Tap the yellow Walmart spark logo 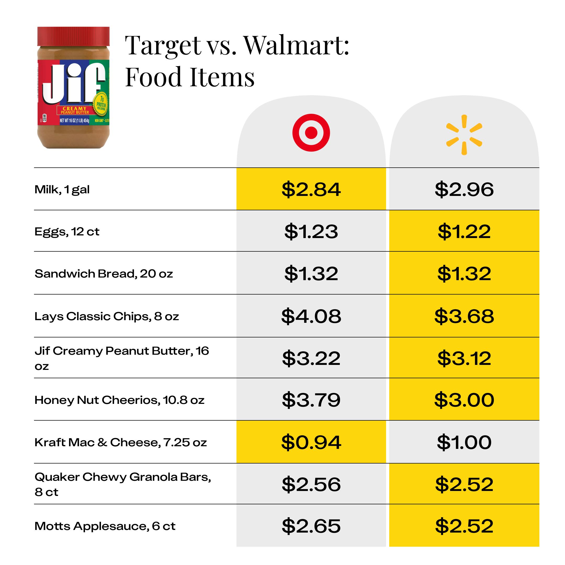pyautogui.click(x=464, y=135)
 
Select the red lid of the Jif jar pyautogui.click(x=74, y=36)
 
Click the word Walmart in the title pyautogui.click(x=297, y=45)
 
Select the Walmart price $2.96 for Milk pyautogui.click(x=464, y=189)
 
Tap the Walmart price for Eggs pyautogui.click(x=464, y=231)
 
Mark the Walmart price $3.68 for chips pyautogui.click(x=464, y=316)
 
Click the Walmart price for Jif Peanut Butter pyautogui.click(x=464, y=358)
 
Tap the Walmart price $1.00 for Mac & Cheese pyautogui.click(x=464, y=442)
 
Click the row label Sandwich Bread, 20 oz pyautogui.click(x=104, y=274)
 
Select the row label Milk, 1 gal pyautogui.click(x=62, y=189)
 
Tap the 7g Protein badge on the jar pyautogui.click(x=101, y=104)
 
